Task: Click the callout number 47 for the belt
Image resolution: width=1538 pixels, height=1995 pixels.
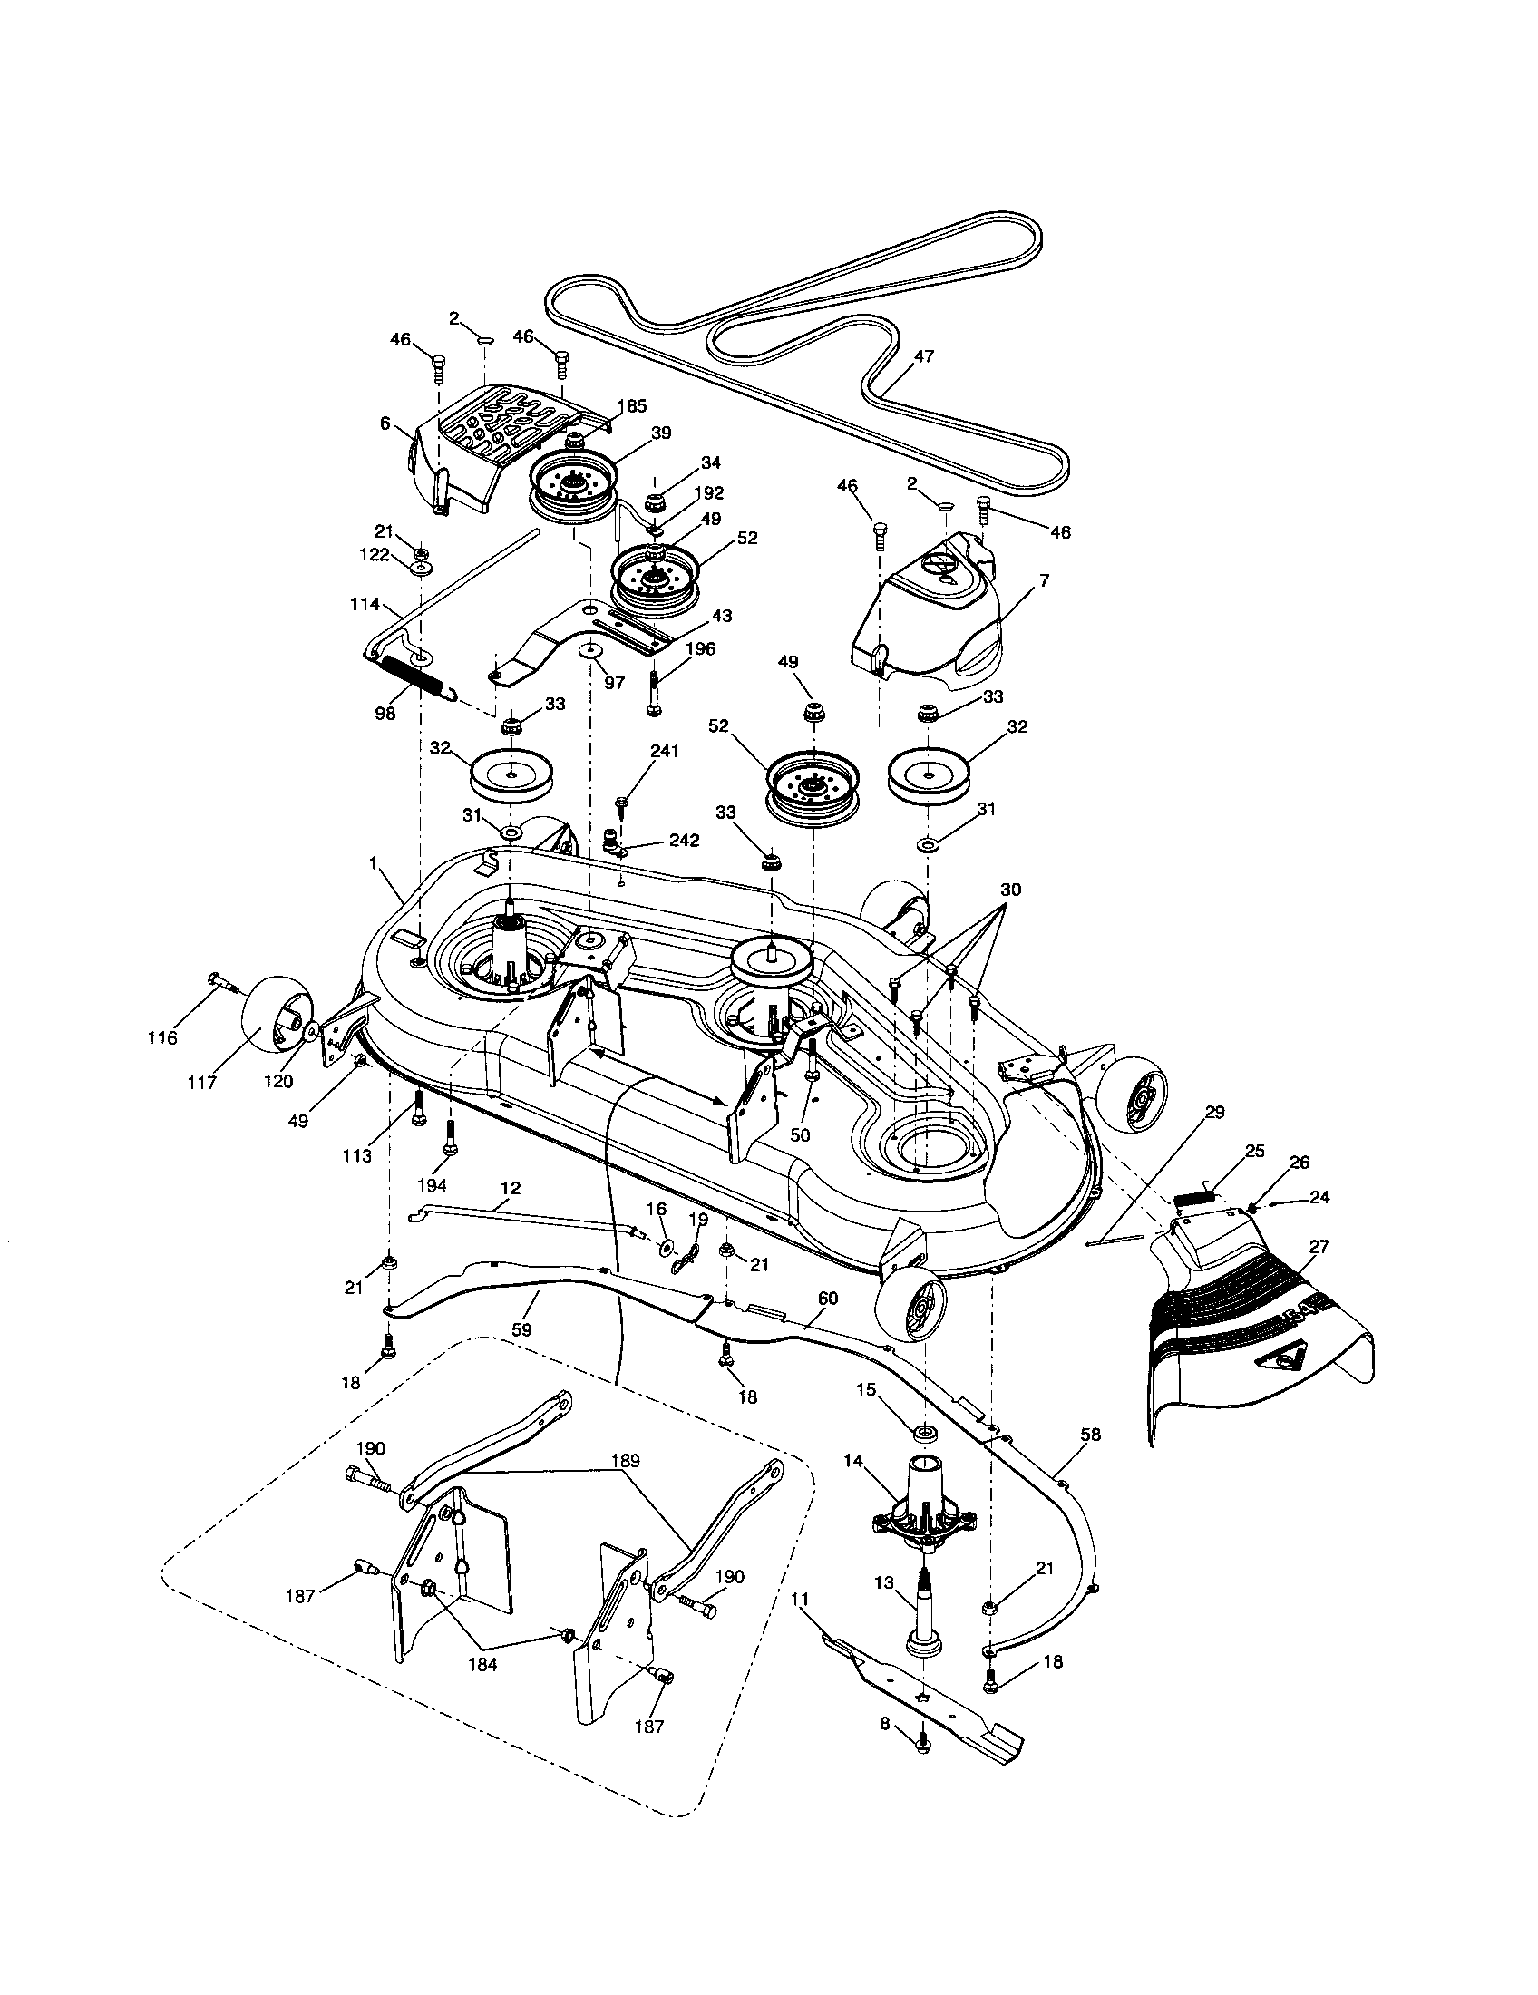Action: pos(924,356)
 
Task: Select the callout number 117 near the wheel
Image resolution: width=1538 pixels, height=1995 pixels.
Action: pos(202,1083)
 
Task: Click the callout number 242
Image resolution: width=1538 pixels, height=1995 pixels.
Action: pos(681,841)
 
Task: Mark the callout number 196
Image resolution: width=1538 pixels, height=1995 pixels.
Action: pos(701,649)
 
